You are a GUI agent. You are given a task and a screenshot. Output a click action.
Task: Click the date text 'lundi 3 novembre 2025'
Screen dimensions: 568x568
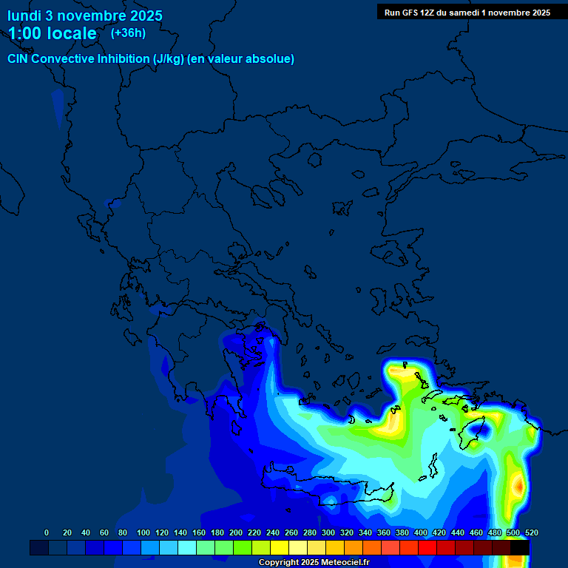tap(85, 16)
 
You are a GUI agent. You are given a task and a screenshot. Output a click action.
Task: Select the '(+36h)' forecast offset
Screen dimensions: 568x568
tap(128, 33)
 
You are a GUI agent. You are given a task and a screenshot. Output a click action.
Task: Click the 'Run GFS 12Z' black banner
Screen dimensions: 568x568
tap(467, 12)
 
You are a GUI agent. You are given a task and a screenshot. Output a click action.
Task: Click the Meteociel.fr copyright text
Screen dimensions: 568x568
tap(314, 562)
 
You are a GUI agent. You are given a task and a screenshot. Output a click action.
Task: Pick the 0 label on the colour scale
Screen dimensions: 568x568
tap(47, 532)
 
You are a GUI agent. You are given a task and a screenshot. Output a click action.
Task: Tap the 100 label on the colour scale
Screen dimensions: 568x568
tap(143, 532)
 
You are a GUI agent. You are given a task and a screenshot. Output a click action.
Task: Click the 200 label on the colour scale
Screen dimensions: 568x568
tap(236, 532)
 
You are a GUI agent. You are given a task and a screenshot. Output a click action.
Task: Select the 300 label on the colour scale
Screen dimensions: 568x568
tap(328, 532)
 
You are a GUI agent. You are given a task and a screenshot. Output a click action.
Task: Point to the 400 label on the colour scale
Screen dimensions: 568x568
tap(421, 532)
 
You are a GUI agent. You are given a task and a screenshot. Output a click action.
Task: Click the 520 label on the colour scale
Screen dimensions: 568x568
tap(531, 532)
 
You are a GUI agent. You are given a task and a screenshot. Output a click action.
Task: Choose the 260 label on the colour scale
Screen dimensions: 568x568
tap(291, 532)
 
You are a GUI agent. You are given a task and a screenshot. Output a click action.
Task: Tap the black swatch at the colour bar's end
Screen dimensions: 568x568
tap(520, 548)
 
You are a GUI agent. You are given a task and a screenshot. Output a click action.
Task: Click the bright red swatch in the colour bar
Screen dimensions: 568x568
tap(427, 548)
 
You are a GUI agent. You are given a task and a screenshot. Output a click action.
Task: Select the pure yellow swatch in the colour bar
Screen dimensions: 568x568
tap(280, 548)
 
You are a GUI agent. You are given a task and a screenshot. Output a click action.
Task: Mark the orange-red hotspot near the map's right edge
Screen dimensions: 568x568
tap(520, 486)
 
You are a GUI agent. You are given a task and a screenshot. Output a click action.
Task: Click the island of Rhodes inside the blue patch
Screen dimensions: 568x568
tap(473, 431)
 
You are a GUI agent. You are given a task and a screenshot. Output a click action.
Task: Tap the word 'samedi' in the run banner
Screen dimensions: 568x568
tap(464, 12)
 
